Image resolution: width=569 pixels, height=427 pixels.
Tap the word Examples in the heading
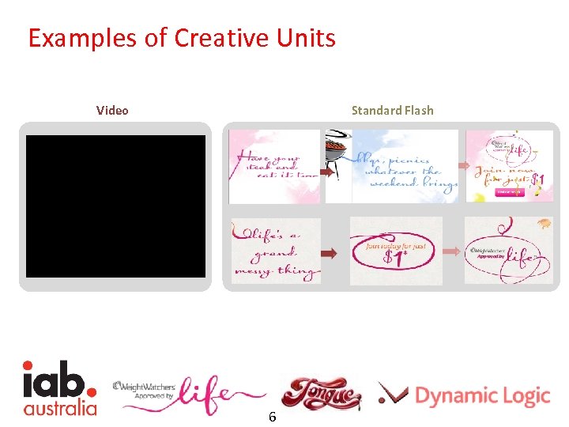coord(84,37)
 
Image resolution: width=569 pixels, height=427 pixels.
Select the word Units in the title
coord(305,37)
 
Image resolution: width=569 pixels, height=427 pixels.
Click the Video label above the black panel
coord(112,110)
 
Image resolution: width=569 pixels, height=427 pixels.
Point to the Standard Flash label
coord(392,110)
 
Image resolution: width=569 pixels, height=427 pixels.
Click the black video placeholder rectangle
coord(115,206)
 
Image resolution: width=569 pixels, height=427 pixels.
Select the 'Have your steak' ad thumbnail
coord(273,166)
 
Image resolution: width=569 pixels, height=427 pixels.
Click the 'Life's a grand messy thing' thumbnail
coord(276,251)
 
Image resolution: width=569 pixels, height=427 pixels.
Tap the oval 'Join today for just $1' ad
coord(396,251)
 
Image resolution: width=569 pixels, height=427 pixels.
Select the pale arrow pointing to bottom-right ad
coord(452,251)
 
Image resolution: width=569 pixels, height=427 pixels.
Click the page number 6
coord(272,416)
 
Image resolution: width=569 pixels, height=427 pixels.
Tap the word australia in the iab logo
coord(59,408)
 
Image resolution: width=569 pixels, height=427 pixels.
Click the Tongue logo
coord(321,393)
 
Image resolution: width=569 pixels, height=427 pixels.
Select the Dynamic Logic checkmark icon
coord(392,393)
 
